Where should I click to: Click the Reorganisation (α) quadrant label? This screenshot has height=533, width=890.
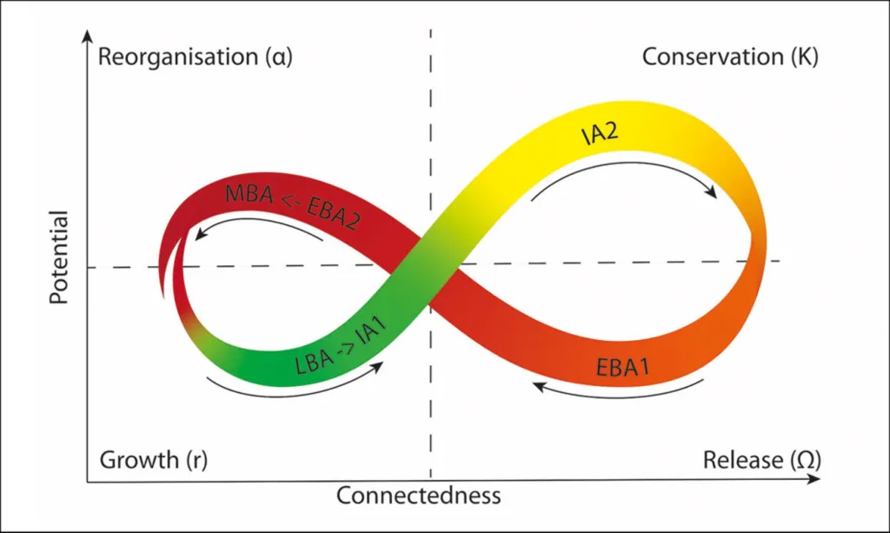pos(196,57)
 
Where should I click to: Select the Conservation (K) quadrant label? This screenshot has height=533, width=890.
pos(730,57)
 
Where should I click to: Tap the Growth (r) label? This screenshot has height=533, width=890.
pos(153,460)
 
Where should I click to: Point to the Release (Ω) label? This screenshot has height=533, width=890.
pos(761,460)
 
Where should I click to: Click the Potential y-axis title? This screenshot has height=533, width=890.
pos(59,257)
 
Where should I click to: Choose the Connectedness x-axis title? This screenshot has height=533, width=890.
pos(418,496)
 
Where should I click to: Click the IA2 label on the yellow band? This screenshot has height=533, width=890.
pos(600,134)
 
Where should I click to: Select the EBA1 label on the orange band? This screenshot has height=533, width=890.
pos(622,368)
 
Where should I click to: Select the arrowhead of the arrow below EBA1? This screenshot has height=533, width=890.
pos(540,387)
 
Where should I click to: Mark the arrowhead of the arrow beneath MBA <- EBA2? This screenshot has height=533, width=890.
pos(201,233)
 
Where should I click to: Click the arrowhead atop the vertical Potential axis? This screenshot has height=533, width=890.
pos(87,37)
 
